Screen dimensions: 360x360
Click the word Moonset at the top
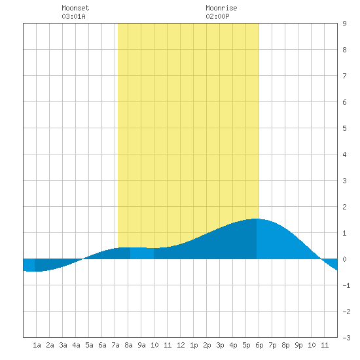(x=75, y=8)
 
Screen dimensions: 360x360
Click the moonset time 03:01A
(x=73, y=16)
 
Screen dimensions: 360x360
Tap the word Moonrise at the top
(x=221, y=8)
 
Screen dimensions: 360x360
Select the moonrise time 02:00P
(x=217, y=16)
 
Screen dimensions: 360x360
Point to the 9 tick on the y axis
(x=344, y=24)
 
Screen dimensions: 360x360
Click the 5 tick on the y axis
(x=344, y=128)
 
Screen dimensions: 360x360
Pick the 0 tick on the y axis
(x=344, y=259)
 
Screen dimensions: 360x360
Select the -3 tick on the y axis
(x=346, y=338)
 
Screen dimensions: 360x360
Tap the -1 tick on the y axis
(x=346, y=285)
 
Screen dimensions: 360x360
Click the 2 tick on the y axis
(x=344, y=207)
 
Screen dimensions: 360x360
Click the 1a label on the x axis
(x=37, y=345)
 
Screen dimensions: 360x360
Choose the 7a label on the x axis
(x=115, y=345)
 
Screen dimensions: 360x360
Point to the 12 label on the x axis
(x=181, y=345)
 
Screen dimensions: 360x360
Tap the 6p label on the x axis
(x=259, y=345)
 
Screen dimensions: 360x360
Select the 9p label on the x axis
(x=298, y=345)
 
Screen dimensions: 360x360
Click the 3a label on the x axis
(x=63, y=345)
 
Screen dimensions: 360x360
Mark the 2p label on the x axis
(x=207, y=345)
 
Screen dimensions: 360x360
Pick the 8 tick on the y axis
(x=344, y=50)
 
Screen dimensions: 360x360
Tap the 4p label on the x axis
(x=233, y=345)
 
